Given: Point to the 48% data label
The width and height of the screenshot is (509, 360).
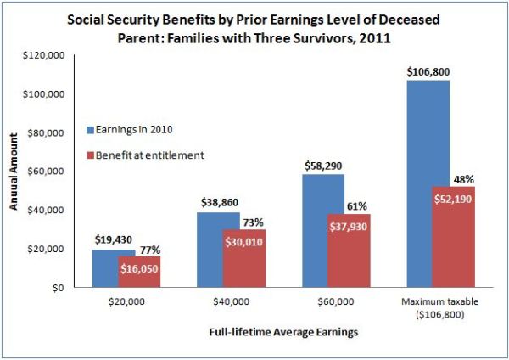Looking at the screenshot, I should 456,179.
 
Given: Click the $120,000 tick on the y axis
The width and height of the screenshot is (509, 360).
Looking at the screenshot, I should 46,55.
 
